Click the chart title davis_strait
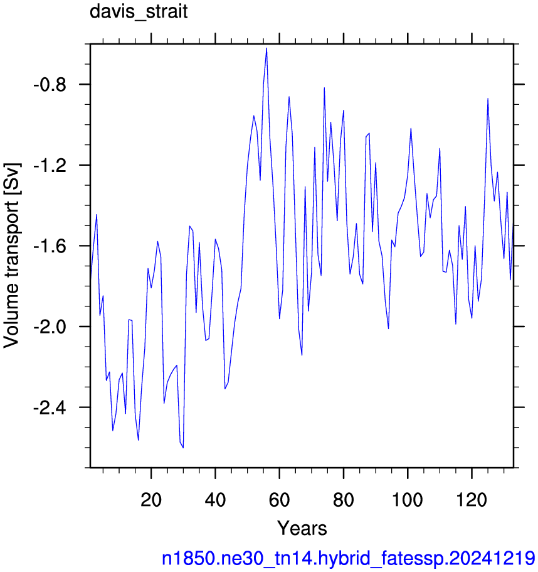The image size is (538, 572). tap(139, 12)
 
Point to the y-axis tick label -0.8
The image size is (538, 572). tap(50, 85)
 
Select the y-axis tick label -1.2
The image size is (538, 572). tap(50, 166)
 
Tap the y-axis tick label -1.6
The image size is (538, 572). tap(50, 246)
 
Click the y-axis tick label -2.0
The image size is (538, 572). tap(50, 327)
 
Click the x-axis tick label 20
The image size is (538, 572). tap(150, 499)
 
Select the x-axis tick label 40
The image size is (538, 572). tap(215, 499)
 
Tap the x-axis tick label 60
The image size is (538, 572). tap(280, 499)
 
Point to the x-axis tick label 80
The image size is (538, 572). tap(344, 499)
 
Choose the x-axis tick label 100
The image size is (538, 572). tap(407, 499)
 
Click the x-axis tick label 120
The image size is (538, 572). tap(472, 499)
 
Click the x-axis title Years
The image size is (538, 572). tap(302, 528)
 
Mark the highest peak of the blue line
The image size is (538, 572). tap(266, 48)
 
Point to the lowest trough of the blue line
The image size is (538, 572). tap(183, 448)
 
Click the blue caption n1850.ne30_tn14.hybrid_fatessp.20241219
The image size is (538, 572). tap(349, 558)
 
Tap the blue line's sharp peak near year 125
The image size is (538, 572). tap(487, 99)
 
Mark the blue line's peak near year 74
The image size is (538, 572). tap(324, 88)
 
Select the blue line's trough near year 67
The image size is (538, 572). tap(302, 355)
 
